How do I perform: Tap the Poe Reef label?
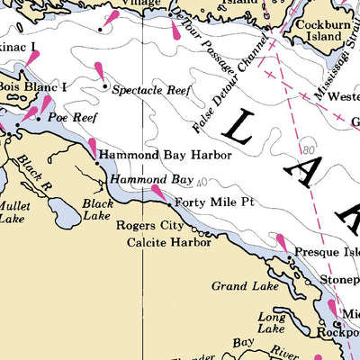pyautogui.click(x=70, y=118)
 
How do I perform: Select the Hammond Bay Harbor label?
pyautogui.click(x=165, y=155)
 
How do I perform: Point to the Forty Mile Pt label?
pyautogui.click(x=214, y=202)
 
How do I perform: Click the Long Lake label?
pyautogui.click(x=272, y=323)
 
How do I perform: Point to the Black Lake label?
pyautogui.click(x=97, y=209)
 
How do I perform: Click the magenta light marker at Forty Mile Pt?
pyautogui.click(x=159, y=192)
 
